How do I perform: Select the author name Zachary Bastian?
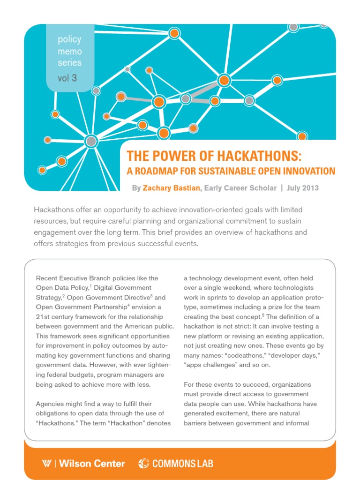172,188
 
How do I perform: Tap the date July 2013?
303,188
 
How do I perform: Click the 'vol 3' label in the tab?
67,78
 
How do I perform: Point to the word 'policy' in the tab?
69,39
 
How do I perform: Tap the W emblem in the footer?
46,464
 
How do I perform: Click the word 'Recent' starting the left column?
47,278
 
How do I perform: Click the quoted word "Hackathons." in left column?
56,423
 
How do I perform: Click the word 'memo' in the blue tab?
69,51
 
